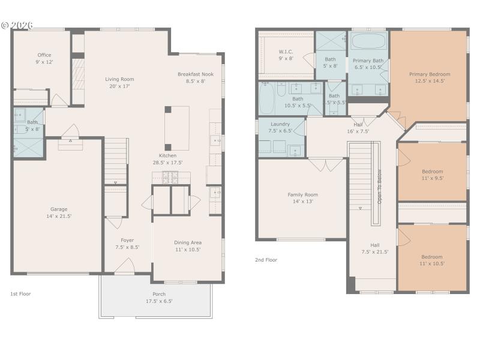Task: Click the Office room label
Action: [44, 55]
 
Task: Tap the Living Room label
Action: [119, 79]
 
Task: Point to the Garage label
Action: [59, 209]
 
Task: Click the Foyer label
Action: [127, 240]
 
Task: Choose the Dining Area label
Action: [187, 242]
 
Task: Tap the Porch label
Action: [159, 294]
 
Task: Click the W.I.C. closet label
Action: [286, 52]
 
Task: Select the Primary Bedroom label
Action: [430, 74]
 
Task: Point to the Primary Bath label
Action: [368, 61]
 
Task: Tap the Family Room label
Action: [303, 194]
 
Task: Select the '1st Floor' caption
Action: [20, 293]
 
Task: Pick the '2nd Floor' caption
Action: [266, 260]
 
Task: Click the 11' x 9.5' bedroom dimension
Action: [432, 179]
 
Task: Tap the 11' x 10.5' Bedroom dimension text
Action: [432, 264]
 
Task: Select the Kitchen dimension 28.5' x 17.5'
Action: [167, 162]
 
